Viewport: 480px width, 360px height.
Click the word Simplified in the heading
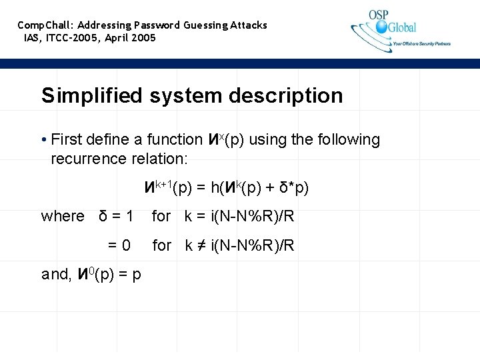pos(93,95)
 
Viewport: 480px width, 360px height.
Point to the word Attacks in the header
pos(249,25)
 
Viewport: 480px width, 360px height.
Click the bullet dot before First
pos(43,141)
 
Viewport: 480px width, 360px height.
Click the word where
pos(63,217)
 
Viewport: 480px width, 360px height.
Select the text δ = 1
pos(116,217)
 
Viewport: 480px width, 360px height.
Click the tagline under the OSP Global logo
pos(421,44)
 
